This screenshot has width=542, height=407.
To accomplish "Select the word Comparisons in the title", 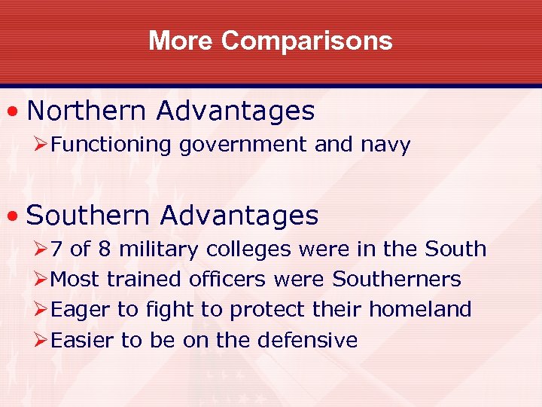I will [306, 40].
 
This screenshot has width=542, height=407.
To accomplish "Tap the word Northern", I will [87, 111].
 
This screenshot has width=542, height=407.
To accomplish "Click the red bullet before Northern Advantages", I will [13, 112].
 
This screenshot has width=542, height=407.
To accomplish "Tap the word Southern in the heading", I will [90, 216].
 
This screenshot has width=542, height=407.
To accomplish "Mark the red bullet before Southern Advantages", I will [13, 216].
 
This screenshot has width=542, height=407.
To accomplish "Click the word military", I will [158, 249].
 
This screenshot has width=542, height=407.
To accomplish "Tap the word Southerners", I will [397, 279].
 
